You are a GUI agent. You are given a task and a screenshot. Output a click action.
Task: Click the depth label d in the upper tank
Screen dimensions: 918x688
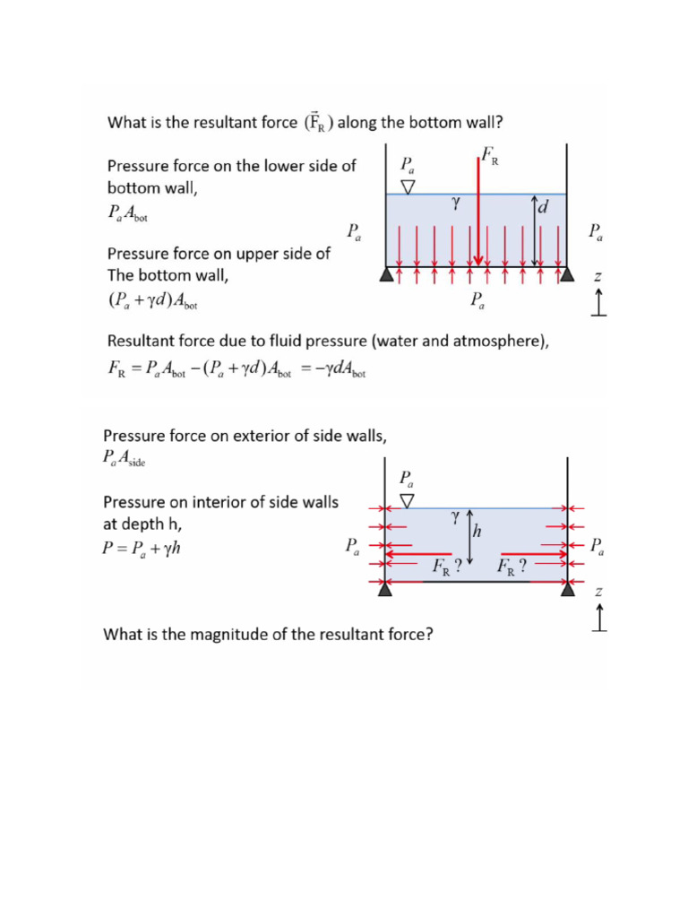(x=544, y=209)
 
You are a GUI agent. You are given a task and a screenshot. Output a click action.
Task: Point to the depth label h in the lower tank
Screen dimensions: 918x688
(x=477, y=532)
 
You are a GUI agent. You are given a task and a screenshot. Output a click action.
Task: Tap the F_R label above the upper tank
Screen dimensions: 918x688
(x=490, y=158)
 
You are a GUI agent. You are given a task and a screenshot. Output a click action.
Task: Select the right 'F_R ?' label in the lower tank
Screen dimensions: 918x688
(x=511, y=567)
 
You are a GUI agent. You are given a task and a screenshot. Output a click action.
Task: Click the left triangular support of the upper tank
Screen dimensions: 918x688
(x=386, y=275)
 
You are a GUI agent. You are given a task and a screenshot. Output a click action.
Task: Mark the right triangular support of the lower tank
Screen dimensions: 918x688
(x=567, y=589)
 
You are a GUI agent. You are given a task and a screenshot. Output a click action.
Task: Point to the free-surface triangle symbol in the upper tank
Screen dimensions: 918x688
(x=408, y=187)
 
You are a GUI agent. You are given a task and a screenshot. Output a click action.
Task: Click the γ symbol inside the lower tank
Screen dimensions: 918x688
(x=455, y=517)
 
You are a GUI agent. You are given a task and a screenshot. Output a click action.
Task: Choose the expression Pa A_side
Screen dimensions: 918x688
(x=125, y=459)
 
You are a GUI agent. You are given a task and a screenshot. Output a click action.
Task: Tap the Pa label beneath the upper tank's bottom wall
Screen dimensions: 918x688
(x=479, y=302)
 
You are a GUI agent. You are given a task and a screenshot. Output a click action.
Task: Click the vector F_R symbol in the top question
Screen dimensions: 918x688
(x=318, y=122)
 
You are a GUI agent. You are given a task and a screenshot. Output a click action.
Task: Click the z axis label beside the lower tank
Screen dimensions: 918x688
(x=598, y=592)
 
